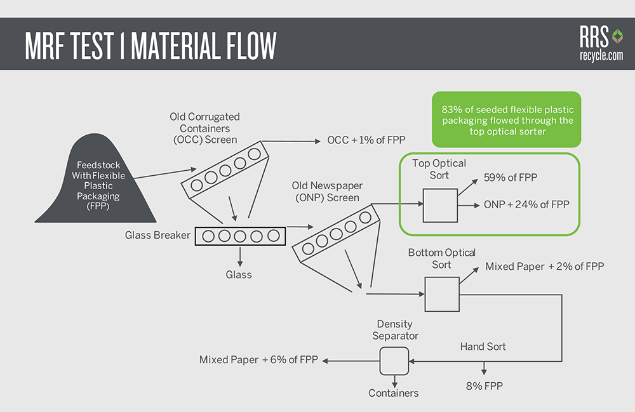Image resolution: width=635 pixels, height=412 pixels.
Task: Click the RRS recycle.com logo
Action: coord(601,43)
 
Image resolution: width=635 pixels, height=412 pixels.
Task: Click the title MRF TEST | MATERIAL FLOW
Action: coord(150,46)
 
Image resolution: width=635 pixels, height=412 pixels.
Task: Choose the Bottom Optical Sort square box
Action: coord(442,294)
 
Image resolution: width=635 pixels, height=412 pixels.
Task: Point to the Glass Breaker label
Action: coord(157,235)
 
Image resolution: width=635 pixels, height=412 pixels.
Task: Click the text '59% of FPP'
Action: coord(510,178)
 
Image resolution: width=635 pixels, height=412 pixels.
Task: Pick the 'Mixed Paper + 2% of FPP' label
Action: coord(544,267)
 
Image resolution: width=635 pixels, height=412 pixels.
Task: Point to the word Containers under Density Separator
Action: coord(394,393)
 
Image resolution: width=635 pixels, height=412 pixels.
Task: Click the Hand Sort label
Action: coord(483,347)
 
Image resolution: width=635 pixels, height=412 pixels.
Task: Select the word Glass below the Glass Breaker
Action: coord(239,275)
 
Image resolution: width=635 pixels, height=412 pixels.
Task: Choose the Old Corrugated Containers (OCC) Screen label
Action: coord(204,128)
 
